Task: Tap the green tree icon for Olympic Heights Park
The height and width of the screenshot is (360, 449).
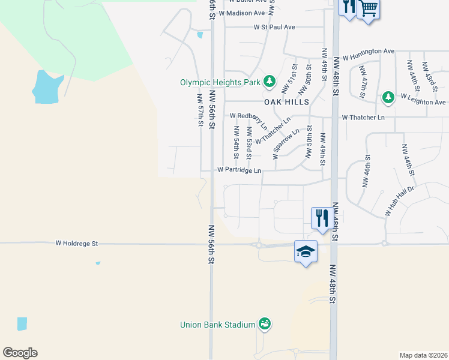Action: (270, 81)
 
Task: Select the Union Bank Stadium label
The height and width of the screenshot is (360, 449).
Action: (218, 325)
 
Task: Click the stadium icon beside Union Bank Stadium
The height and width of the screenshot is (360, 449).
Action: (264, 324)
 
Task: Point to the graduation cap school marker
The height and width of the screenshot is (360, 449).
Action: (306, 251)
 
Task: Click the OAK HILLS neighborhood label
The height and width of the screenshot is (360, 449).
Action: (285, 102)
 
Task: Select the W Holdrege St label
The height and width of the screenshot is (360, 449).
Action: (76, 244)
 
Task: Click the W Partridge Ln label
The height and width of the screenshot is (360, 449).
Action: (239, 170)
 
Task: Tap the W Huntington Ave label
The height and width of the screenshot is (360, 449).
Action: (369, 51)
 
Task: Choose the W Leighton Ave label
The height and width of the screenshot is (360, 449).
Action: (423, 103)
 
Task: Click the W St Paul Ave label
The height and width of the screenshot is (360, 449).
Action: (274, 27)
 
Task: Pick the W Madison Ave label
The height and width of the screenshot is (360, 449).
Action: (242, 13)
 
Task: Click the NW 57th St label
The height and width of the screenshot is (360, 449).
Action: (200, 109)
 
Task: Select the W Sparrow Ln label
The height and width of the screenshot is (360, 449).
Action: (286, 143)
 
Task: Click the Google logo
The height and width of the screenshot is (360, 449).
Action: (20, 353)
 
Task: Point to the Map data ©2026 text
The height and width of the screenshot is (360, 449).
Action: (423, 355)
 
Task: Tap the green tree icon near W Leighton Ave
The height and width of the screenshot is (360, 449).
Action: (388, 97)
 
